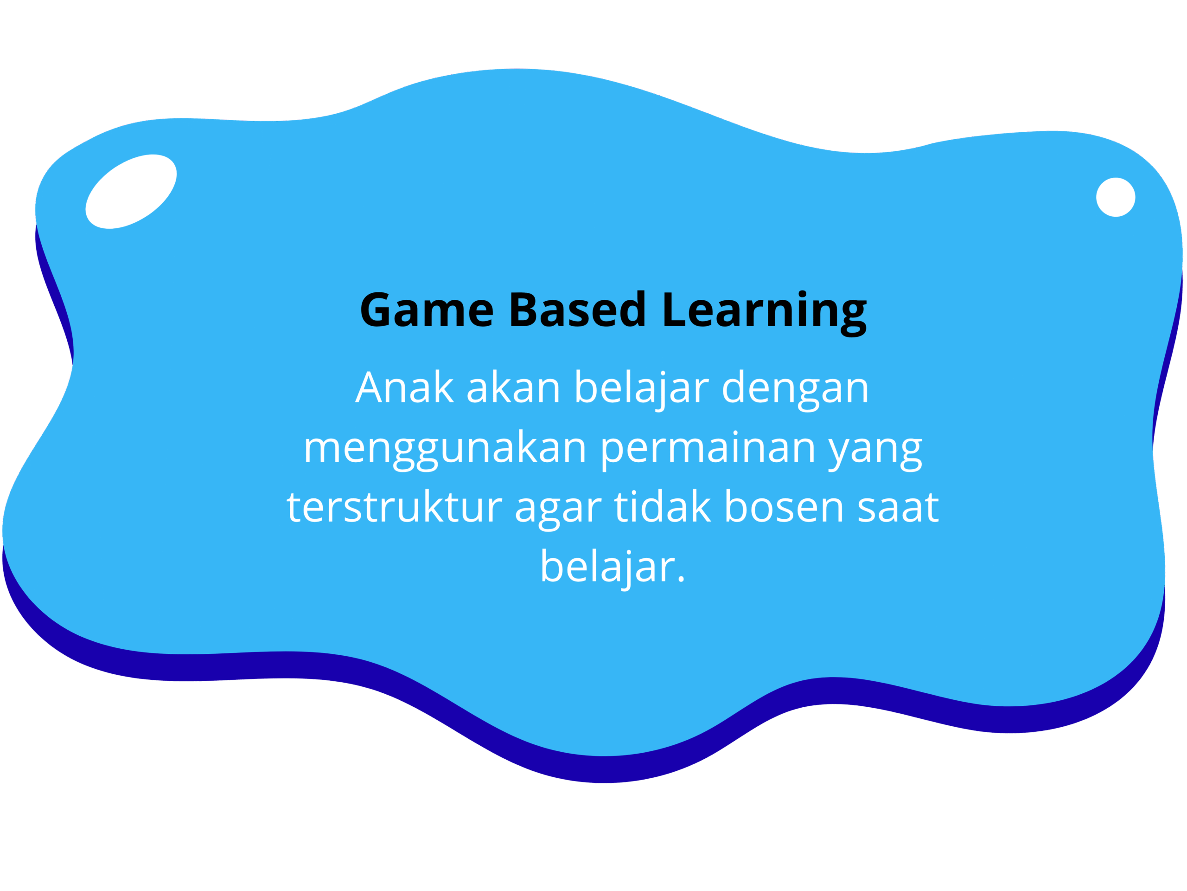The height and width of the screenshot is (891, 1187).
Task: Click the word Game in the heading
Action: pos(427,310)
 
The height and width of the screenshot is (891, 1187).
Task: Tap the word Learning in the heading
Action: pos(765,313)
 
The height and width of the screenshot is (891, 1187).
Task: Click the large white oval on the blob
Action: pos(131,192)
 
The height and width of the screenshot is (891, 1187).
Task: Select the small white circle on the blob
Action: pos(1116,197)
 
